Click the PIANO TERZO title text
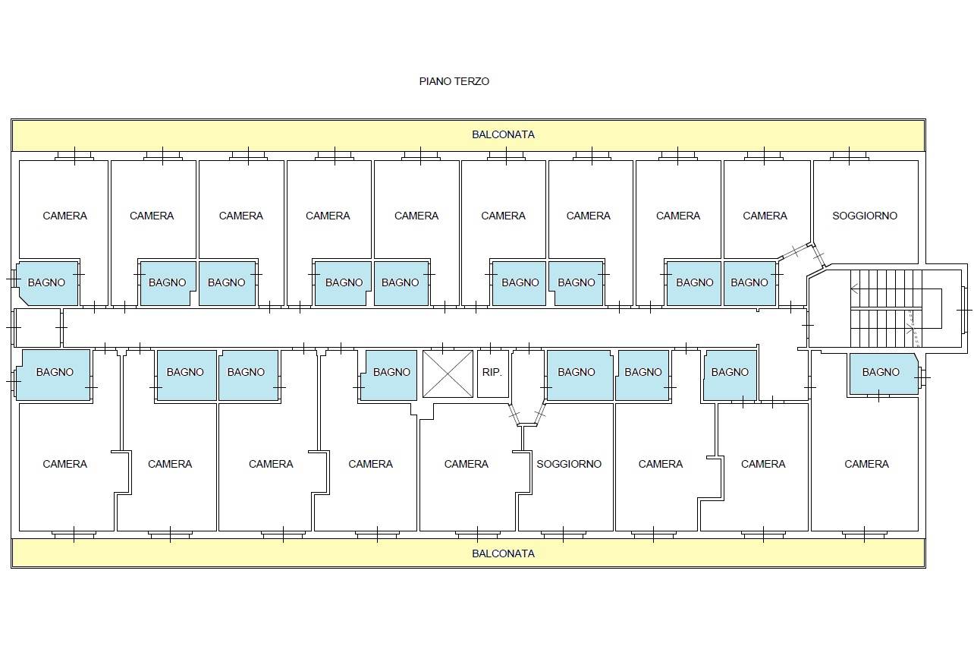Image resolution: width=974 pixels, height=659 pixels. click(454, 81)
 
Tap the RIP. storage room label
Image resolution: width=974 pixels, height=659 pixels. click(492, 372)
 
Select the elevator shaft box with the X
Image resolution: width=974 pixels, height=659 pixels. click(448, 374)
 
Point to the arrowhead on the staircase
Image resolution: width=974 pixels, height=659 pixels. click(854, 289)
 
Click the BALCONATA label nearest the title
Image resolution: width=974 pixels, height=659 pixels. click(503, 134)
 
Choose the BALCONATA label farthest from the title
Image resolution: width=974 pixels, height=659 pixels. click(503, 553)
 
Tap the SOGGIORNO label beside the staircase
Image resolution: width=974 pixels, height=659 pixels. click(865, 216)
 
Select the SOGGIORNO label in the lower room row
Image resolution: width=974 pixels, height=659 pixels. click(569, 464)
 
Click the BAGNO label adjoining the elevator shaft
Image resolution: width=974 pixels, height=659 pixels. click(391, 372)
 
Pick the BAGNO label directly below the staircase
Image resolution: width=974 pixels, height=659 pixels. click(881, 372)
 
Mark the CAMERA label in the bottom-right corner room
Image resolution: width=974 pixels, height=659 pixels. click(866, 464)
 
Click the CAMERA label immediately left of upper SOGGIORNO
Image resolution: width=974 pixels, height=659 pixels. click(765, 216)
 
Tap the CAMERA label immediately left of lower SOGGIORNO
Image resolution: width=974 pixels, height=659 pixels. click(466, 464)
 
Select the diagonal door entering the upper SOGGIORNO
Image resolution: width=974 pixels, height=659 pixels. click(818, 256)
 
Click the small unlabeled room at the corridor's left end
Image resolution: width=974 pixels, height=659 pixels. click(38, 328)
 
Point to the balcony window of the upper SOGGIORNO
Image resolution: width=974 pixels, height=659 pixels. click(849, 156)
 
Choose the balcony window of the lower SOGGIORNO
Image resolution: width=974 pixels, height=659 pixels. click(563, 534)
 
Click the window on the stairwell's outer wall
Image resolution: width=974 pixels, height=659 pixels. click(965, 310)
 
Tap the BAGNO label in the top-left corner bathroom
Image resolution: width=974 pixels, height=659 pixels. click(46, 282)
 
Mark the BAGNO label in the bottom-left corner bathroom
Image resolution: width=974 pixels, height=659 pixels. click(55, 372)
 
